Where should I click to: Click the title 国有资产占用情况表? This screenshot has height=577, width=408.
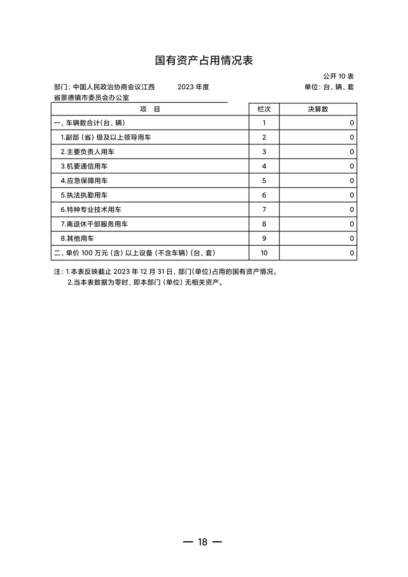[x=204, y=60]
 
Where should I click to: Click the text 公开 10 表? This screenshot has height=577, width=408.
[x=338, y=76]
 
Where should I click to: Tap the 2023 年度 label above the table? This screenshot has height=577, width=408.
[x=193, y=87]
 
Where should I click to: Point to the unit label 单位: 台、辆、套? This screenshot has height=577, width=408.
[x=329, y=87]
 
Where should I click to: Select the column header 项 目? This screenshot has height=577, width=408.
[x=150, y=109]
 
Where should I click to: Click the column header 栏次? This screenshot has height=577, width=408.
[x=264, y=109]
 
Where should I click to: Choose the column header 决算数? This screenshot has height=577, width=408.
[x=318, y=109]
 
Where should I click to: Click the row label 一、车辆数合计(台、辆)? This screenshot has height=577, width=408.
[x=90, y=123]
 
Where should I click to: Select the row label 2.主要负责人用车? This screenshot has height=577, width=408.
[x=87, y=152]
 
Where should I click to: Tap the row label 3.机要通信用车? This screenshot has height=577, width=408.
[x=84, y=166]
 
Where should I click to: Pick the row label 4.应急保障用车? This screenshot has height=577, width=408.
[x=84, y=181]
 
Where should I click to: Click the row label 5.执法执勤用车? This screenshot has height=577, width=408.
[x=84, y=195]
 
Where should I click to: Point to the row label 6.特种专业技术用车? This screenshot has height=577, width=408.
[x=91, y=210]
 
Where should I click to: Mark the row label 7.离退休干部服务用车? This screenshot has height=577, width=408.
[x=94, y=224]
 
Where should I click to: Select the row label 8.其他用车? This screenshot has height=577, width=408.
[x=77, y=239]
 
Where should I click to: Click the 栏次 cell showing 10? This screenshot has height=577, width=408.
[x=264, y=253]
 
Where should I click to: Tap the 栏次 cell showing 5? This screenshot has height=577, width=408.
[x=264, y=181]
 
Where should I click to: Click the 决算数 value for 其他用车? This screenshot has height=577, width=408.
[x=351, y=239]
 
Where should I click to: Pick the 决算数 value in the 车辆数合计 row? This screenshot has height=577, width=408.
[x=351, y=123]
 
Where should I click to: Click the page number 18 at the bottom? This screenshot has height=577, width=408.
[x=202, y=542]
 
